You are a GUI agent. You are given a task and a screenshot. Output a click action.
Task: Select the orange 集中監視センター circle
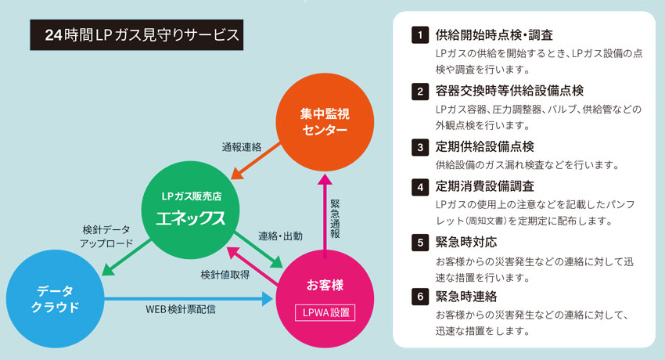coord(324,123)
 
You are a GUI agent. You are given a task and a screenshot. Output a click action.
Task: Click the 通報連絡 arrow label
coord(241,146)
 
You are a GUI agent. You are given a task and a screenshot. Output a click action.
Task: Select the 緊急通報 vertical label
coord(335,220)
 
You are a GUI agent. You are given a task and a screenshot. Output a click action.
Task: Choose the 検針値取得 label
coord(225,275)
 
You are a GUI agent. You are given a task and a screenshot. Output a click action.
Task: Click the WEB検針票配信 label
coord(181,309)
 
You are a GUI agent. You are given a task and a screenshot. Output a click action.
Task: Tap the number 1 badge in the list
coord(420,35)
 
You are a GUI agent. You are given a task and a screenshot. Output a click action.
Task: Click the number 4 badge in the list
coord(420,186)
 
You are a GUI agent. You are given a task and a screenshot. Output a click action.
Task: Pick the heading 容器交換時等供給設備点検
coord(509,91)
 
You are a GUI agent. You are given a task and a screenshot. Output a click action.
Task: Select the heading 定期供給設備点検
coord(485,146)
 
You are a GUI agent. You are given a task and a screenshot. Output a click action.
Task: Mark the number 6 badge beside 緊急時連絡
coord(420,297)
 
